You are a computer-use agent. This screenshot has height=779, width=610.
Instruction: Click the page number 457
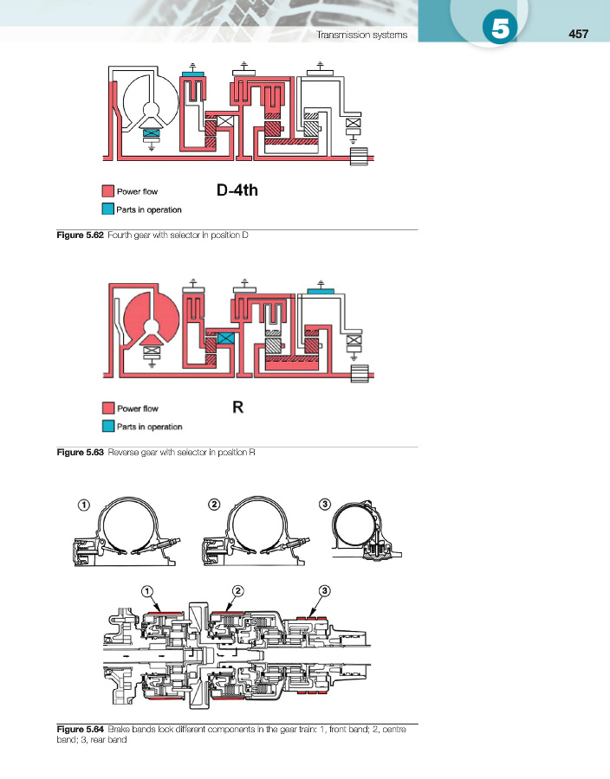click(578, 35)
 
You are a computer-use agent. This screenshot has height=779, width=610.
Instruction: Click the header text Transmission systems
click(364, 35)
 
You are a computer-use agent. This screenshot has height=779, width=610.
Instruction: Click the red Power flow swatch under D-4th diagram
click(107, 191)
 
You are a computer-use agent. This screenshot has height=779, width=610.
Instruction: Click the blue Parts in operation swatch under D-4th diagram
click(107, 209)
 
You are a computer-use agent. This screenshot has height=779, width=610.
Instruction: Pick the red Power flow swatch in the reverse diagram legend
click(107, 409)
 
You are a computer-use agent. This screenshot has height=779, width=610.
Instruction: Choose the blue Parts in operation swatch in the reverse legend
click(107, 426)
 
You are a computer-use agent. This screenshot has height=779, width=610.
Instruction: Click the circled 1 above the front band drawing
click(84, 505)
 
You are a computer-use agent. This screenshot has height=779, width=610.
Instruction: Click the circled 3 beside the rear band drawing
click(325, 505)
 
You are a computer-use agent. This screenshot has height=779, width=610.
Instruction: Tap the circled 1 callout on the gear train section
click(148, 590)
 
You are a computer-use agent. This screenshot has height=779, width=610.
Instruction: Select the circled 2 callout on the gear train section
click(236, 590)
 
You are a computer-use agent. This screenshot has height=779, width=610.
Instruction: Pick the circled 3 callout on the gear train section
click(323, 590)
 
